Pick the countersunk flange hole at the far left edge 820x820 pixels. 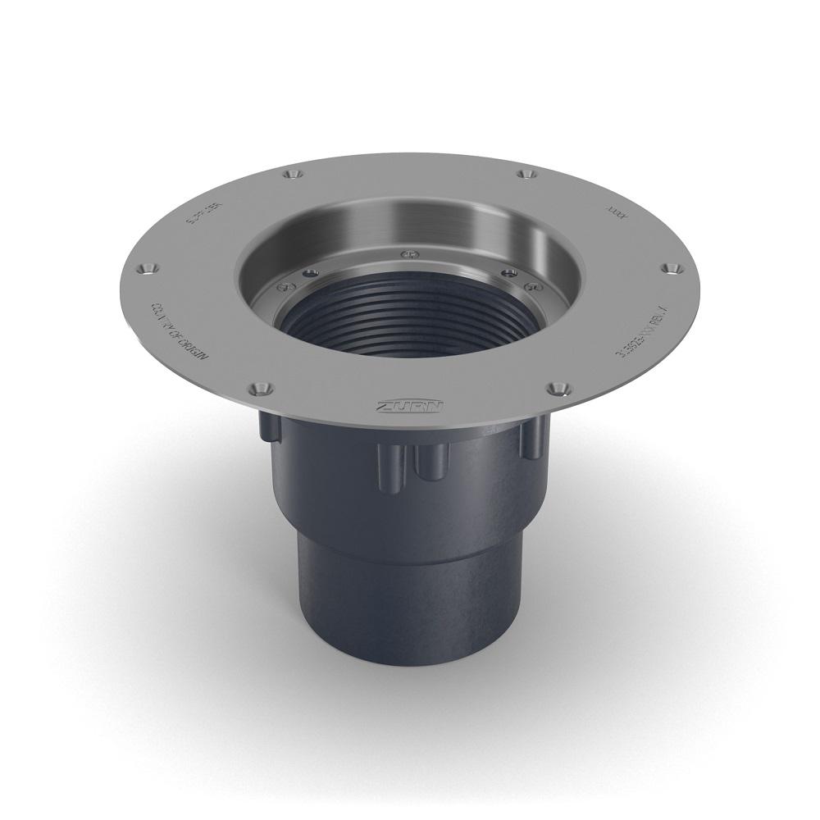pyautogui.click(x=147, y=268)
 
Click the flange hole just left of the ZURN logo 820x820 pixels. pyautogui.click(x=260, y=386)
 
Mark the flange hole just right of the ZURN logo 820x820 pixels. pyautogui.click(x=558, y=385)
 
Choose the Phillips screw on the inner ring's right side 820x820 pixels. pyautogui.click(x=531, y=285)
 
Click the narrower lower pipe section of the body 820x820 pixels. pyautogui.click(x=410, y=599)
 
